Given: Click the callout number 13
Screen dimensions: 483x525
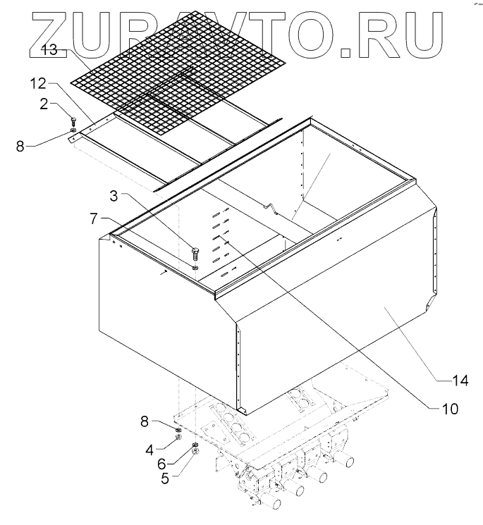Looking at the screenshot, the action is click(x=49, y=51).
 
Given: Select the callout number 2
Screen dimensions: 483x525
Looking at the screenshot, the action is click(x=44, y=104).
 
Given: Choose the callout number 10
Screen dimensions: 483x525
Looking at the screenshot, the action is click(x=448, y=408).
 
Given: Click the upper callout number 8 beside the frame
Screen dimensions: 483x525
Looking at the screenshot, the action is click(x=21, y=148).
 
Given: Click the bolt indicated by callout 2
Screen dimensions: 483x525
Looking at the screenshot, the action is click(x=73, y=121).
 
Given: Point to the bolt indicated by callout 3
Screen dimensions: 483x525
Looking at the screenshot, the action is click(x=195, y=252).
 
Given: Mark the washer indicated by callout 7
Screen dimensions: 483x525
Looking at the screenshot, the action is click(x=195, y=267).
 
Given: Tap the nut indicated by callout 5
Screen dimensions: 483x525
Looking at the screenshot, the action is click(x=195, y=452).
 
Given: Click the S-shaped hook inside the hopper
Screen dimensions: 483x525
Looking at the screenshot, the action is click(x=269, y=208).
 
